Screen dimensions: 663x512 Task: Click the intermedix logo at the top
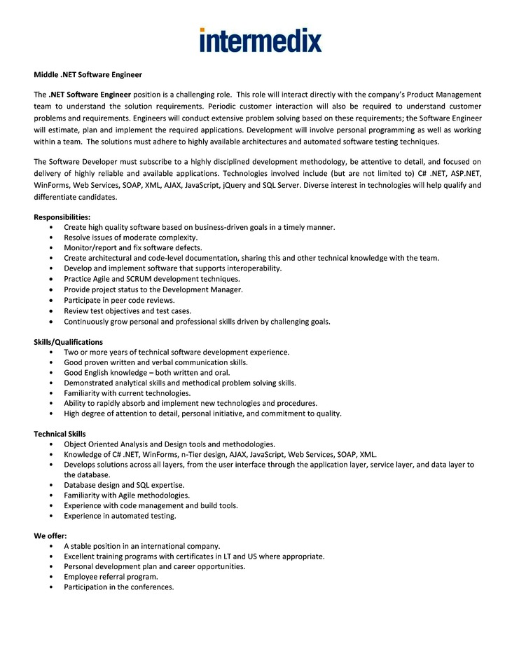click(261, 40)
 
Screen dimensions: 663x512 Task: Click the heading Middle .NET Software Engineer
click(88, 74)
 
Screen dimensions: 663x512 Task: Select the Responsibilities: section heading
click(62, 217)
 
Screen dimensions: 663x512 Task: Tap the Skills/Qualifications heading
click(68, 341)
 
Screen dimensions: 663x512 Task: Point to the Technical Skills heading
click(60, 434)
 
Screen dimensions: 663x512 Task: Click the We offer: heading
click(50, 535)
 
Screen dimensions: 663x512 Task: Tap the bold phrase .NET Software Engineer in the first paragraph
click(89, 94)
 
